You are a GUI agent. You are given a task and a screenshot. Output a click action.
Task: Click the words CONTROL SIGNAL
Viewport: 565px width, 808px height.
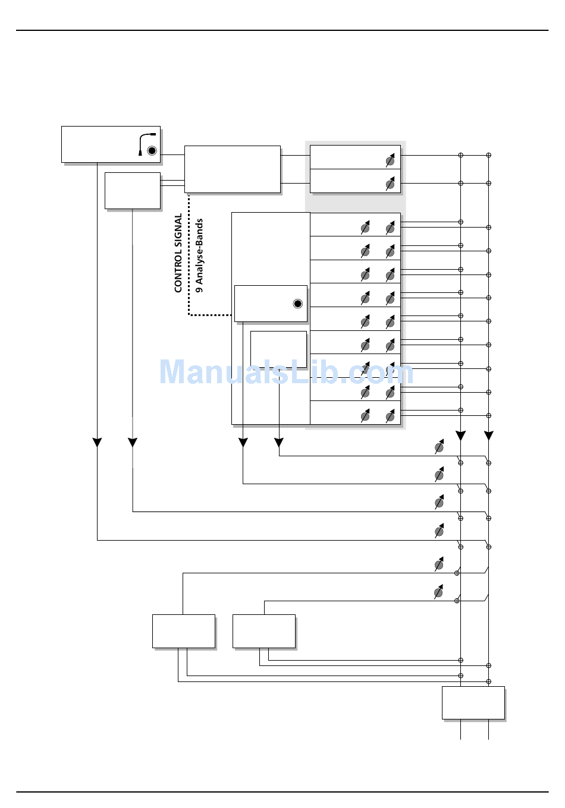178,253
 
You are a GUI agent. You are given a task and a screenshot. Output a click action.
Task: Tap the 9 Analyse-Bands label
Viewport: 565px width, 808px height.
199,255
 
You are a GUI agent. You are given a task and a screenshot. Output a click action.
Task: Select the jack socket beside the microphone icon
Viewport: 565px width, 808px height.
152,151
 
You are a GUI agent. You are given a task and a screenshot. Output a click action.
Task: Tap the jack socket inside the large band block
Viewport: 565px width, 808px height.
298,304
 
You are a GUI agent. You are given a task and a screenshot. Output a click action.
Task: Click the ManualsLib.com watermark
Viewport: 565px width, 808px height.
285,373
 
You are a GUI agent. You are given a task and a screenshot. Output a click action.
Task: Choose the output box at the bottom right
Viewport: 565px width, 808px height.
473,703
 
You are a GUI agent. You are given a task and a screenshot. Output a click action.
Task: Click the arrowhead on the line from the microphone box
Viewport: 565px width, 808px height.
97,443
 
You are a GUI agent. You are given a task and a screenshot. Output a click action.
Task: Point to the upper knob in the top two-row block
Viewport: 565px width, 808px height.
390,160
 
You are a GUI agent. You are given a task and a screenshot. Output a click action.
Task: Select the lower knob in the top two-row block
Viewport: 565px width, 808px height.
390,184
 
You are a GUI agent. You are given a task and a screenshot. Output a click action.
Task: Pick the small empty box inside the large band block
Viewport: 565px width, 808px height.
278,349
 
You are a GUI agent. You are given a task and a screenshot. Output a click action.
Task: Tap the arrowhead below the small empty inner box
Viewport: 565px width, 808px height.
279,443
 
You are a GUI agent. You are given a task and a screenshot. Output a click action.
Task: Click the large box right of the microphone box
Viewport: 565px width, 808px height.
232,169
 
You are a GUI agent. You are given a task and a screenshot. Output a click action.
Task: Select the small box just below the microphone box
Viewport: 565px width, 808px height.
132,190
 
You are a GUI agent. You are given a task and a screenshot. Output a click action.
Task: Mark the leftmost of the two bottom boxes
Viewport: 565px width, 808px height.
183,631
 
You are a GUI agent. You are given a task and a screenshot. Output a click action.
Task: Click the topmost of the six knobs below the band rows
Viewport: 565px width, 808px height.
439,447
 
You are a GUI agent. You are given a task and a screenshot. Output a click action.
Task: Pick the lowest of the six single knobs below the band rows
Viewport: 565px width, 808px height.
439,592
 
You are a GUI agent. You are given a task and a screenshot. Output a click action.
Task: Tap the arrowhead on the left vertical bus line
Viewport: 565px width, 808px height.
460,436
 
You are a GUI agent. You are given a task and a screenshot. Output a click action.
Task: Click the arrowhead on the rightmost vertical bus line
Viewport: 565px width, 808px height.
488,436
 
